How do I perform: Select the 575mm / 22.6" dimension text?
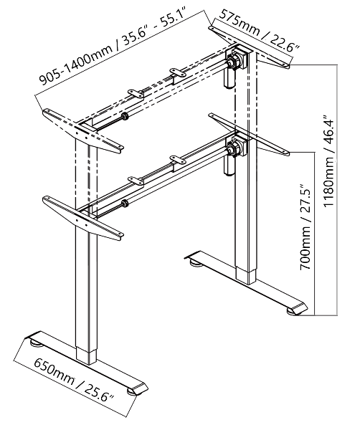pos(260,29)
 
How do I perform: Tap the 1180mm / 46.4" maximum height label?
pos(329,160)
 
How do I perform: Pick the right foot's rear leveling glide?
pos(196,263)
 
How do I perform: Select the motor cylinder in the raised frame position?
pos(229,78)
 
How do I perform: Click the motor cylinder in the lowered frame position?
pos(229,165)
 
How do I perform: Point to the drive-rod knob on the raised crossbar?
pos(125,116)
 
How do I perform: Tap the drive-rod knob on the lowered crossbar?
pos(125,204)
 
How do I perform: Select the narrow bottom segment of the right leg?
pos(246,277)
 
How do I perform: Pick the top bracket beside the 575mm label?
pos(249,47)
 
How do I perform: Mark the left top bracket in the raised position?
pos(83,130)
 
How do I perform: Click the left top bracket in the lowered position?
pos(83,217)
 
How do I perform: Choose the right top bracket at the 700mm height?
pos(249,135)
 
